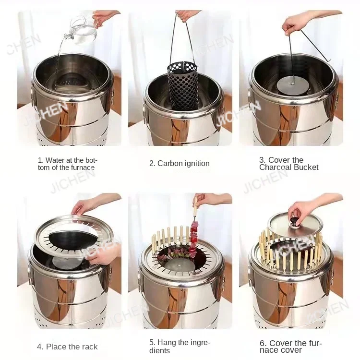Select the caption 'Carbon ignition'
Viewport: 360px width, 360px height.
coord(179,164)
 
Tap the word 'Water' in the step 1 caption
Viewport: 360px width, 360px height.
coord(55,160)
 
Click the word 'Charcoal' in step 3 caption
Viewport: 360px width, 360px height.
coord(276,167)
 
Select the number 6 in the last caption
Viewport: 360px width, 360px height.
coord(262,343)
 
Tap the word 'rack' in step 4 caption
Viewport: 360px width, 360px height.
coord(90,347)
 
